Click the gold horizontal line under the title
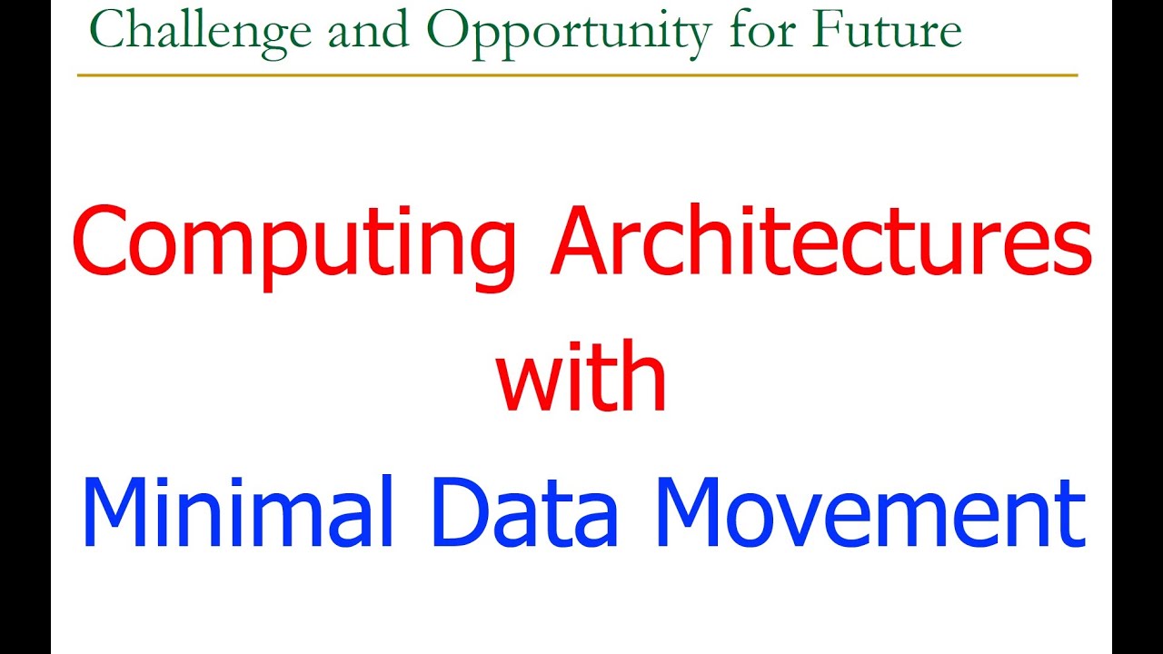[577, 74]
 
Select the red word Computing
[295, 243]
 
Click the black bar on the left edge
[25, 327]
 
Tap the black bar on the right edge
[1138, 327]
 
